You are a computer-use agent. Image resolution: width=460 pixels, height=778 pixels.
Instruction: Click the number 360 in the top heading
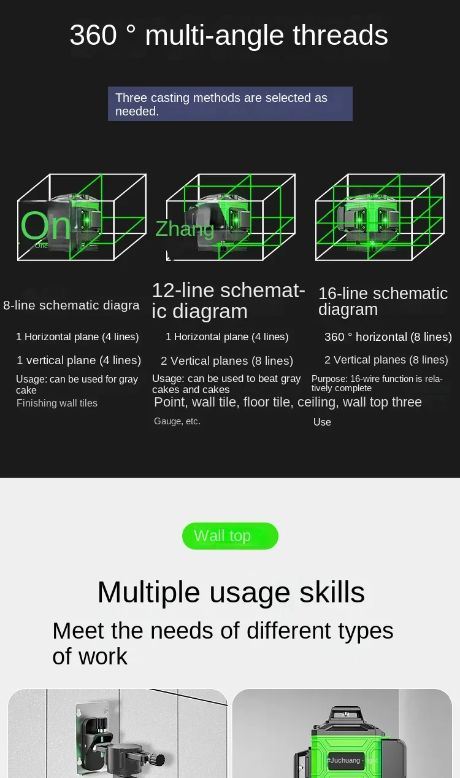tap(93, 35)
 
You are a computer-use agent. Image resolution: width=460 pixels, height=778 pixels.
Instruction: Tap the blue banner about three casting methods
tap(230, 104)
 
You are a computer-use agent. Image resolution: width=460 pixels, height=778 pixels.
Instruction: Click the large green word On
tap(45, 225)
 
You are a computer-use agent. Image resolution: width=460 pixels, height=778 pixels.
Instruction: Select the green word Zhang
tap(185, 230)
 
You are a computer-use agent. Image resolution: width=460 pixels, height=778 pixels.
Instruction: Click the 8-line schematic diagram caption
tap(71, 305)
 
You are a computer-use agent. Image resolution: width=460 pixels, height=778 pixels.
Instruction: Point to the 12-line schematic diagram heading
tap(228, 300)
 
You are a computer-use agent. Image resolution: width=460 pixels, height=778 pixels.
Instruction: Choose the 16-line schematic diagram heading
tap(383, 301)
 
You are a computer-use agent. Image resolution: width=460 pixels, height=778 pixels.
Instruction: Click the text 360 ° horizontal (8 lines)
tap(388, 337)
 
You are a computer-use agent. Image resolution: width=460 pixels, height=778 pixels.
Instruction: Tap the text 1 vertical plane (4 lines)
tap(79, 360)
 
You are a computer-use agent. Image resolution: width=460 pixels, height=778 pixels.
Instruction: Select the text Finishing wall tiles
tap(57, 403)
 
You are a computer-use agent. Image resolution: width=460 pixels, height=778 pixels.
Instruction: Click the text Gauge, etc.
tap(177, 421)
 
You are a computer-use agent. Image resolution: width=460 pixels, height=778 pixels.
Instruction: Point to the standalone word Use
tap(322, 422)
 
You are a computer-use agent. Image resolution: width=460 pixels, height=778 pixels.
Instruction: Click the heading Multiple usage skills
tap(231, 593)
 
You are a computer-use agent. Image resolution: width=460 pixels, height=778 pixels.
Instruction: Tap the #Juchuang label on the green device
tap(344, 760)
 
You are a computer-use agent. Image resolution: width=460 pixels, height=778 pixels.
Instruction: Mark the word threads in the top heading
tap(340, 35)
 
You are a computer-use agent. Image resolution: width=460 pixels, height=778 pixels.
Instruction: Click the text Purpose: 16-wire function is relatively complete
tap(377, 383)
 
